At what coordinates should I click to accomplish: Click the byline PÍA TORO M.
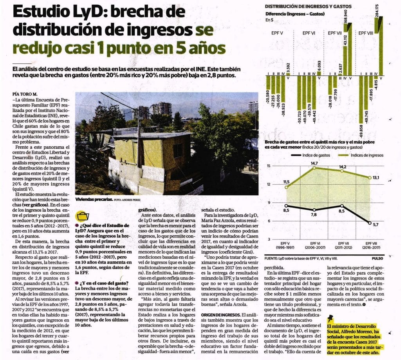click(x=25, y=94)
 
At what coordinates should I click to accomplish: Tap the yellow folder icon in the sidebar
click(x=83, y=216)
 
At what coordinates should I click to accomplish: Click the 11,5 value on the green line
click(x=286, y=182)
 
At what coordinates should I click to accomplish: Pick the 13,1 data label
click(x=376, y=178)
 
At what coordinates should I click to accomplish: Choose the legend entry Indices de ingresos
click(x=364, y=155)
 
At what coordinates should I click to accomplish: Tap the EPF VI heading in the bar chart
click(x=309, y=33)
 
